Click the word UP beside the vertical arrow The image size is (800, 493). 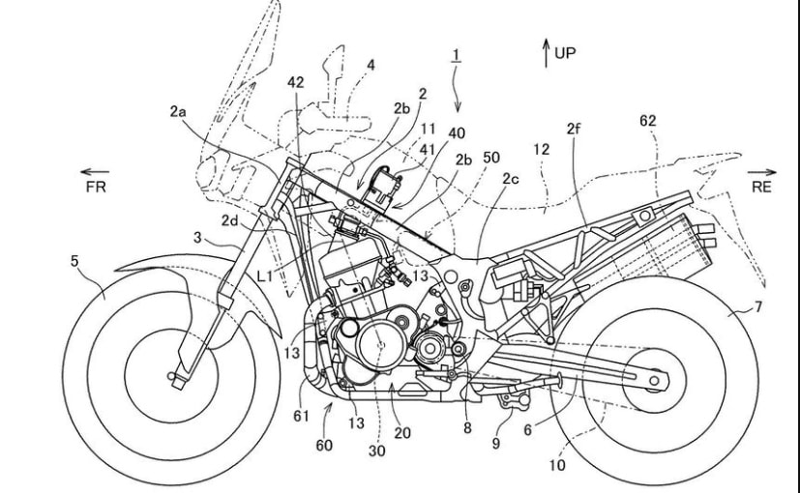564,53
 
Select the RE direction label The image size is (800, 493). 761,187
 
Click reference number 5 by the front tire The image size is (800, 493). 74,260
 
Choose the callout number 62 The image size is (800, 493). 648,121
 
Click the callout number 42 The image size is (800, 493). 295,83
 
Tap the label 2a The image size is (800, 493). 178,112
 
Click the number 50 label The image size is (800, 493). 491,157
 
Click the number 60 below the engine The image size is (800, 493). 323,446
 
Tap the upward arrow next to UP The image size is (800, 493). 546,54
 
